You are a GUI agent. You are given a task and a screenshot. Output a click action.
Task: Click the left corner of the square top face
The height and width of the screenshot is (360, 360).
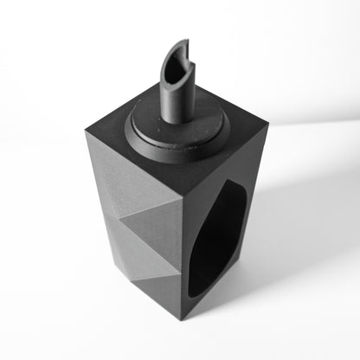coord(86,132)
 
